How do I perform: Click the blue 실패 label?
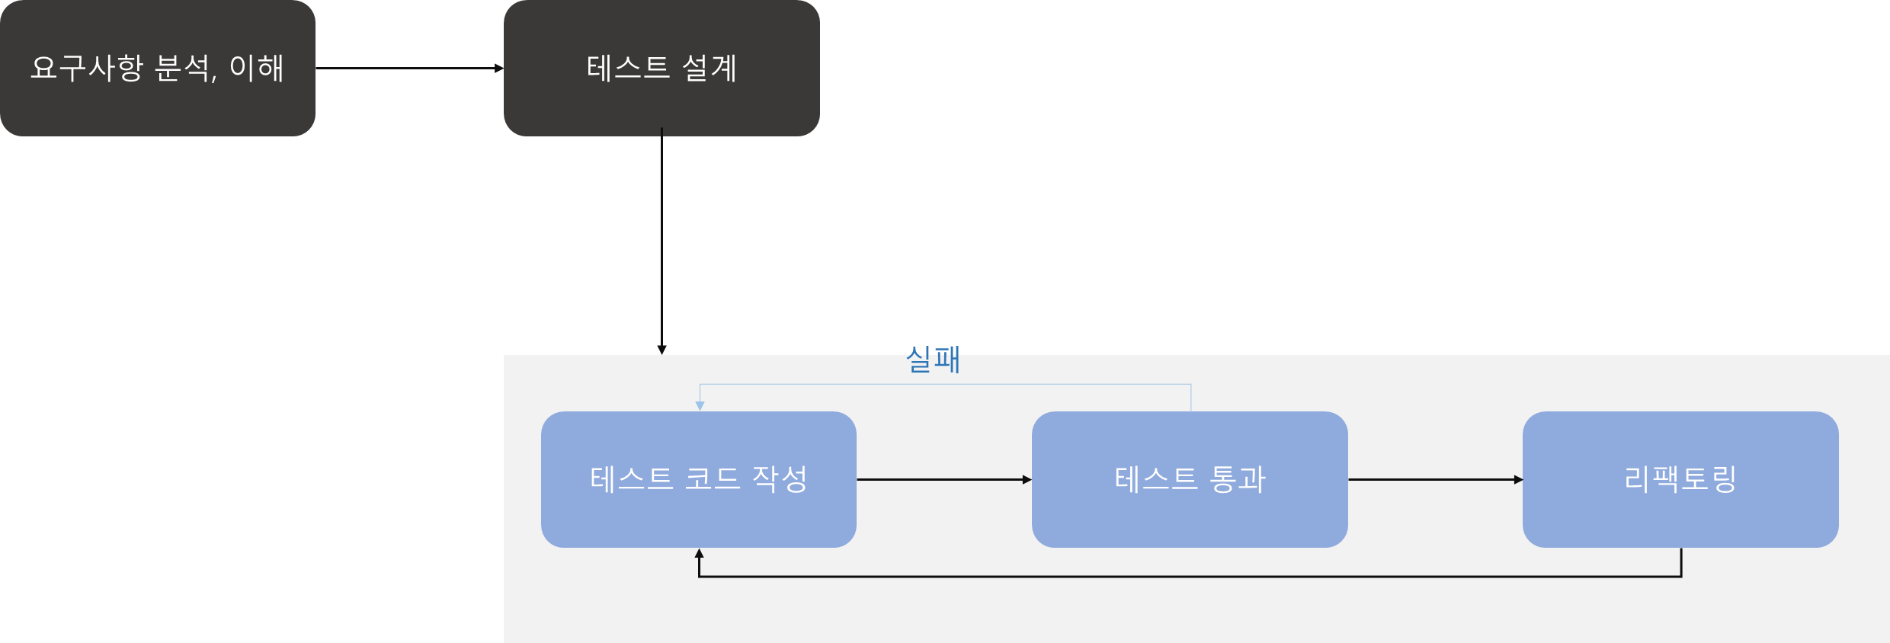[933, 360]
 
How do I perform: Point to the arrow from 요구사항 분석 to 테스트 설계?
[409, 69]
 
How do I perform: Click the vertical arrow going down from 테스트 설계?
[661, 244]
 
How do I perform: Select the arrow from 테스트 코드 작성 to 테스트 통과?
[943, 480]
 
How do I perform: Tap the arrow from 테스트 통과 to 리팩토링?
[1434, 480]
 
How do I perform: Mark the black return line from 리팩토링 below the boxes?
[1189, 577]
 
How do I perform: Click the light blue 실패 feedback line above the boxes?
[945, 385]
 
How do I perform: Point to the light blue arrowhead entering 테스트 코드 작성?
[700, 406]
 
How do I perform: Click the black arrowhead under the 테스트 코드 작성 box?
[699, 554]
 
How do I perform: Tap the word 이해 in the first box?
[257, 69]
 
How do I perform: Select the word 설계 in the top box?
[710, 69]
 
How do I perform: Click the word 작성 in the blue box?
[780, 479]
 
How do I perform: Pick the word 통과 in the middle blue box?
[1238, 479]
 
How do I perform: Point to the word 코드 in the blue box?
[713, 479]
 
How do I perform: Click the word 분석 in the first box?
[183, 69]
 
